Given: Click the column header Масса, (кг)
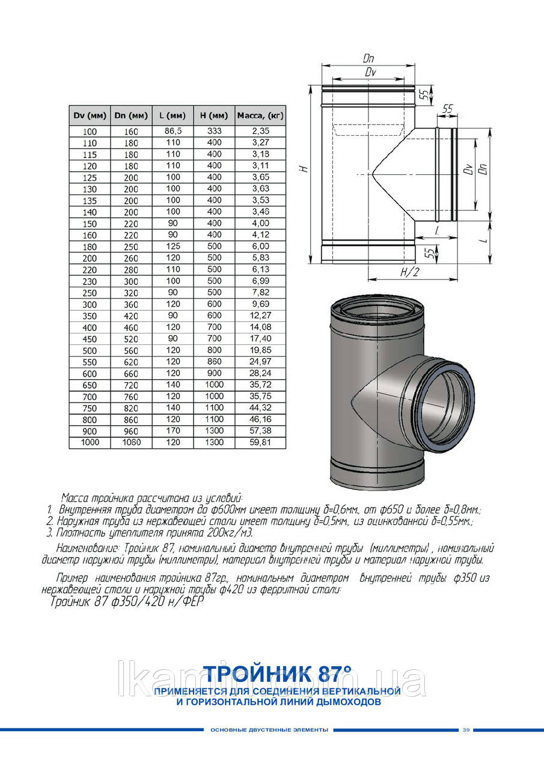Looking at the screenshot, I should click(260, 115).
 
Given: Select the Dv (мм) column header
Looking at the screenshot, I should click(90, 115).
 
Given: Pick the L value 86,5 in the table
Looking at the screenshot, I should click(173, 130).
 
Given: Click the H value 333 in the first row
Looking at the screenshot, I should click(214, 130).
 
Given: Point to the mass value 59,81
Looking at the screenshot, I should click(260, 443).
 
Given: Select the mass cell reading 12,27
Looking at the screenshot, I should click(260, 316).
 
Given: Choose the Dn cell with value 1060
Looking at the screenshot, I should click(131, 443).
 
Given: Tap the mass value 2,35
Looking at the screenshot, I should click(260, 130).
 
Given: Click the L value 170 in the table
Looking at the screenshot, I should click(173, 431).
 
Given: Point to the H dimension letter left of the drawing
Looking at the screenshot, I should click(305, 170).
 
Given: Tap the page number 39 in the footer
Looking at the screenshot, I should click(466, 730).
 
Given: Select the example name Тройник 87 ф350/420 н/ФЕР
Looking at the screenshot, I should click(124, 603).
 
